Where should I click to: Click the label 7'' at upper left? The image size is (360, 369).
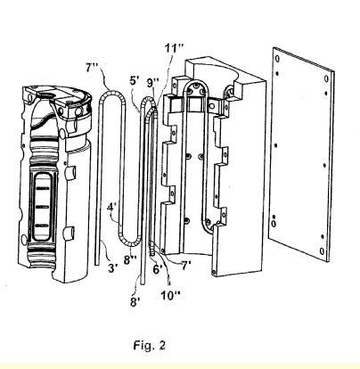tap(92, 68)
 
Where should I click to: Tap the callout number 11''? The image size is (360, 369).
tap(175, 48)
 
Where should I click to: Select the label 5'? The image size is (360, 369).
tap(134, 80)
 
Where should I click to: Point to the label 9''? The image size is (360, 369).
tap(153, 82)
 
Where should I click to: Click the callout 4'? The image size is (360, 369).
tap(111, 207)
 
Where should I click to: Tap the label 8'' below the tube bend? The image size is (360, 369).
tap(130, 260)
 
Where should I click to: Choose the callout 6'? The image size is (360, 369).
tap(158, 269)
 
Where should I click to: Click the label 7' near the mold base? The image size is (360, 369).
tap(185, 266)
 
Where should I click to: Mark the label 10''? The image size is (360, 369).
tap(170, 295)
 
